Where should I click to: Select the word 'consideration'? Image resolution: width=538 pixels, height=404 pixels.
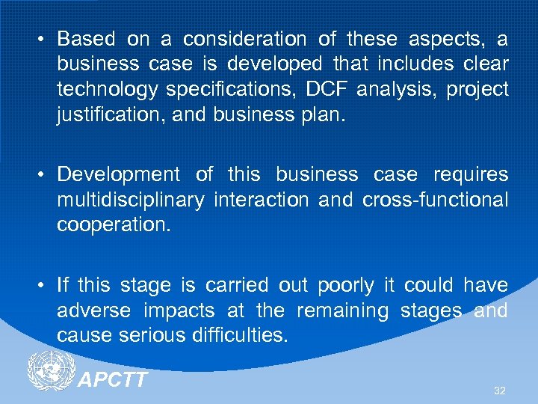pos(245,39)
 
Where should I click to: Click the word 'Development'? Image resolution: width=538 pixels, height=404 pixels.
pos(118,175)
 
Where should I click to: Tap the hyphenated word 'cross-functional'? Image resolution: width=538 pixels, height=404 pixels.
pos(435,201)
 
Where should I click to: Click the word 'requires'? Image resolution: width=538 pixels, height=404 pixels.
pos(471,175)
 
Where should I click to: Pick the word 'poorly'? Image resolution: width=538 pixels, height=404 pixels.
pos(345,286)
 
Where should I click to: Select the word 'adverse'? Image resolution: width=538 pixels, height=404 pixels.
pos(93,310)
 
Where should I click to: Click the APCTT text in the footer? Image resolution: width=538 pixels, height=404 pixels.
pos(113,380)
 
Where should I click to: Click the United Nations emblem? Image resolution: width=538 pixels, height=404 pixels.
pos(50,372)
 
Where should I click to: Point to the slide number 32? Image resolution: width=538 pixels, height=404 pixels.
pos(499,391)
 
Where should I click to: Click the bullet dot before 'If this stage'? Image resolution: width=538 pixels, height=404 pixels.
pos(45,286)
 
